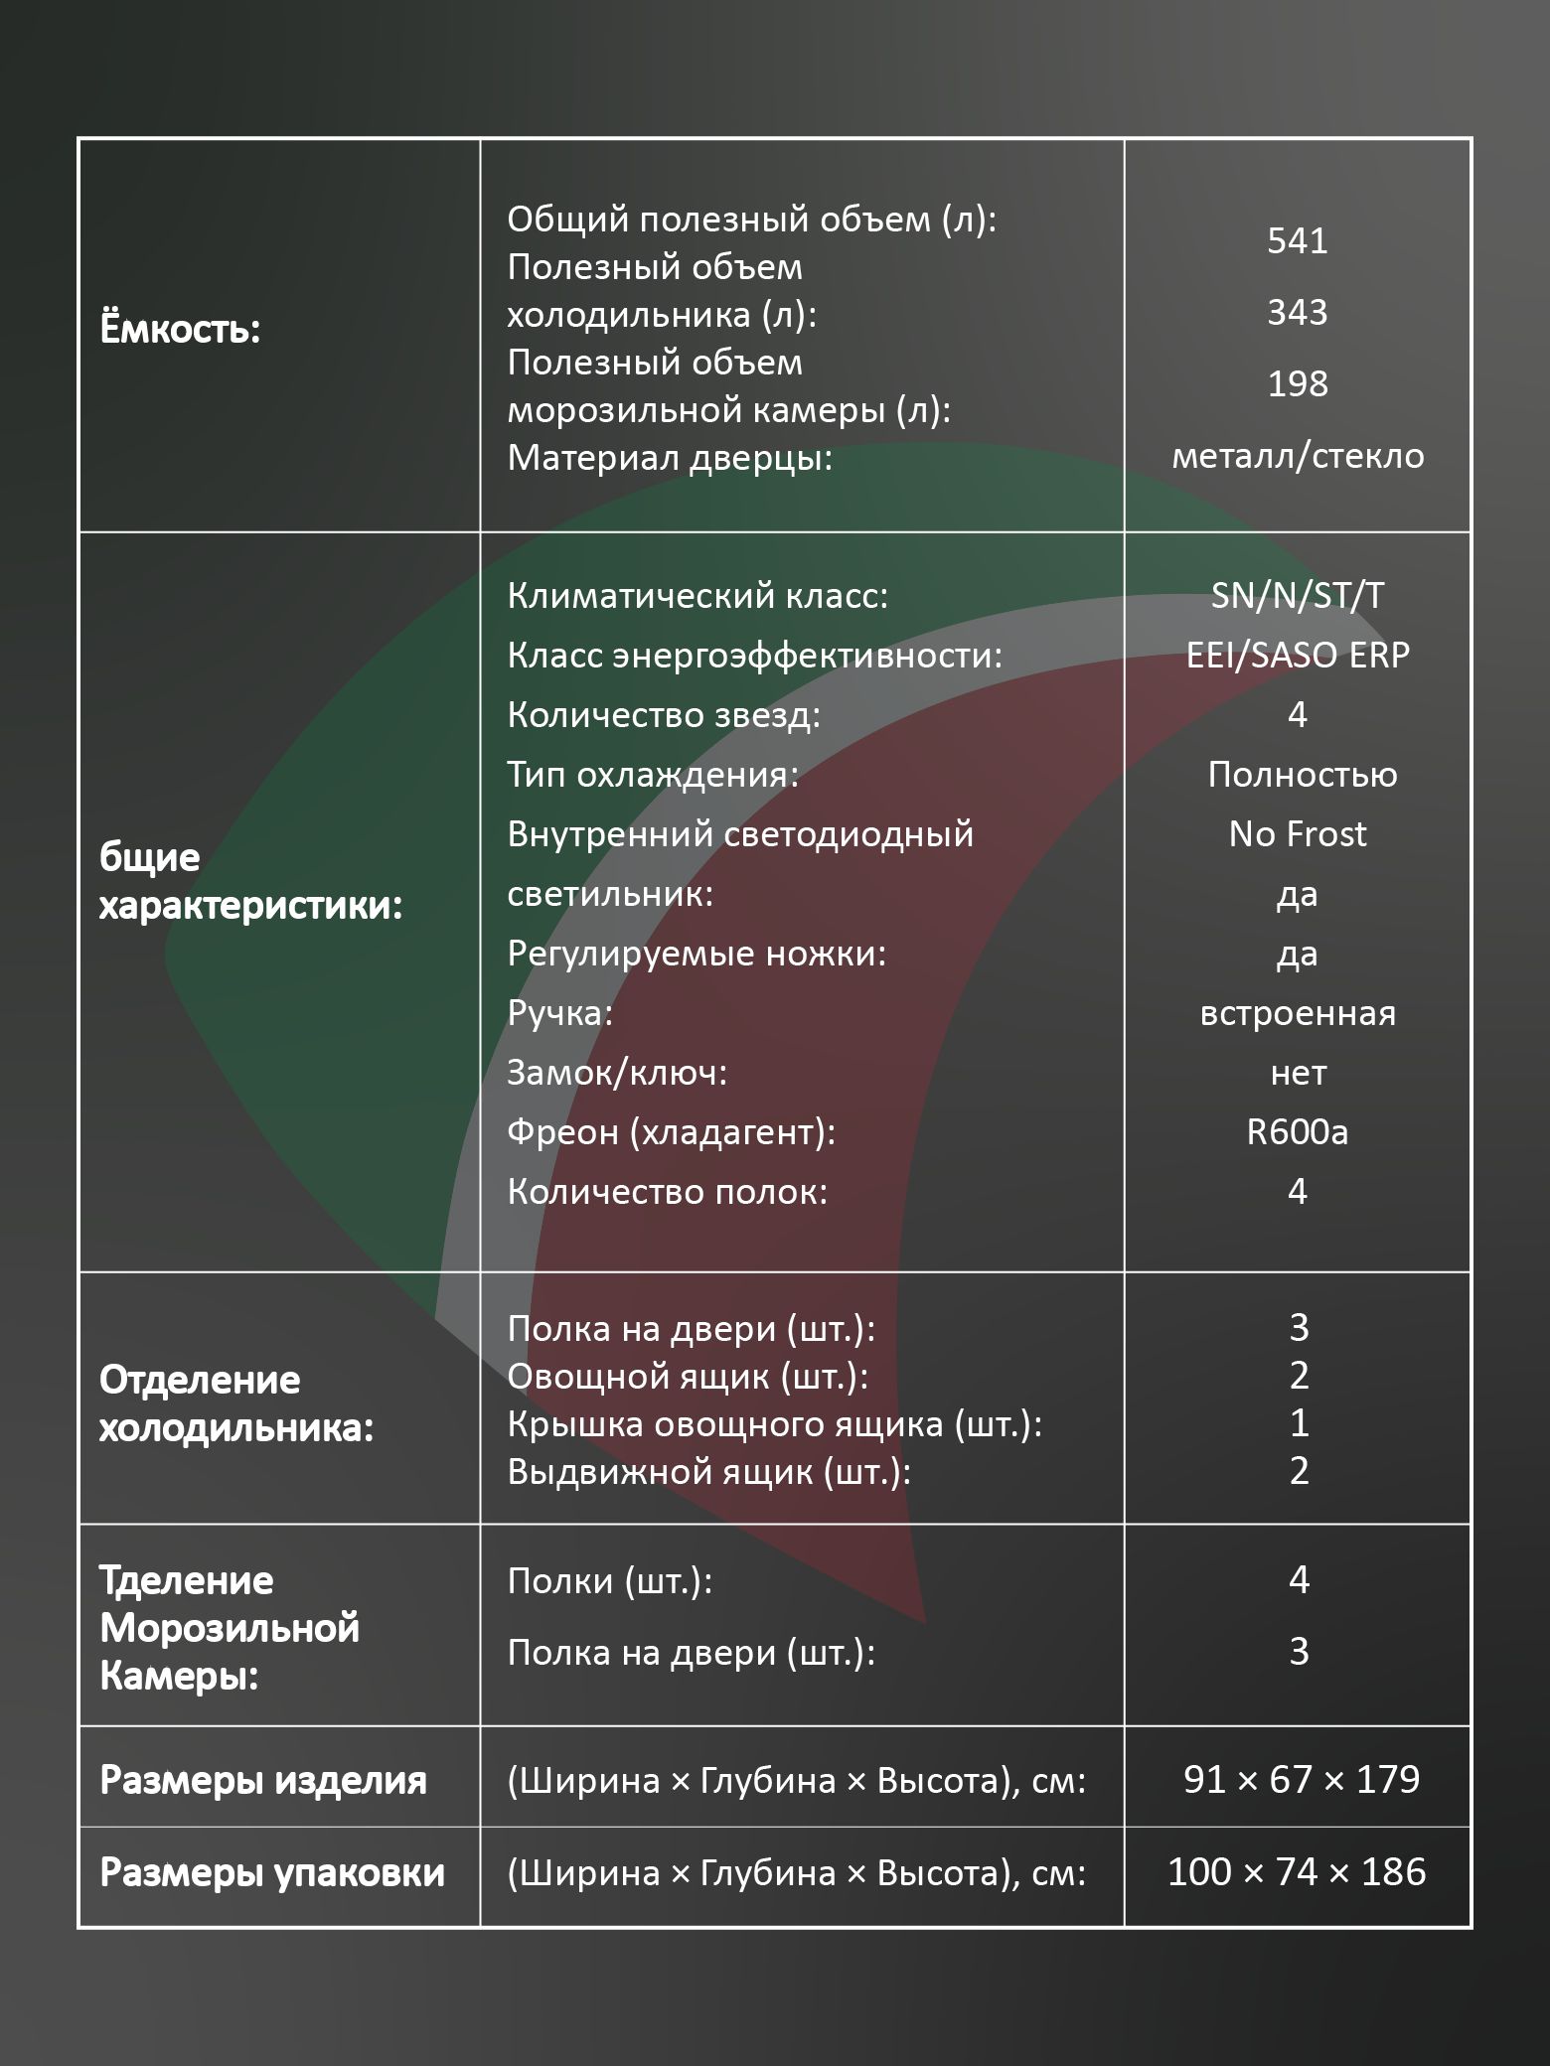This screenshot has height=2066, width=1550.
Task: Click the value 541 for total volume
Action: coord(1297,241)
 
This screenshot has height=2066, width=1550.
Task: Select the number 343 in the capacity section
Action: coord(1297,313)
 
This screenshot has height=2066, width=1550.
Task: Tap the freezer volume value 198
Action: coord(1297,384)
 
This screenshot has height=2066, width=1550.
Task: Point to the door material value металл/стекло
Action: coord(1298,456)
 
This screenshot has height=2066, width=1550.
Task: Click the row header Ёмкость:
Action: coord(180,330)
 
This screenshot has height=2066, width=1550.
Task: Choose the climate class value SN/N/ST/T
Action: coord(1297,595)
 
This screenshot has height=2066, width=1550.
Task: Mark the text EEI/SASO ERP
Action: coord(1298,655)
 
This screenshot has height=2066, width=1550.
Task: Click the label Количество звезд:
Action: coord(664,715)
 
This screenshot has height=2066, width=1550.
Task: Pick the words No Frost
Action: coord(1297,834)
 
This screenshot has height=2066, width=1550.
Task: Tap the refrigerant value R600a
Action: coord(1297,1132)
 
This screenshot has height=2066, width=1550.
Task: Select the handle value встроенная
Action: coord(1298,1013)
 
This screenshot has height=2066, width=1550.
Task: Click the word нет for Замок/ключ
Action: coord(1298,1073)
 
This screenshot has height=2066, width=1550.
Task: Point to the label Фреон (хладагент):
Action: coord(671,1132)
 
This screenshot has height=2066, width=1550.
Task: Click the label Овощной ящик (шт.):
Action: coord(688,1377)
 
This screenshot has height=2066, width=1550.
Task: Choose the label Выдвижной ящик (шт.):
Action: coord(708,1472)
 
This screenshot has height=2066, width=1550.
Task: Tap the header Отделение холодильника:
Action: coord(236,1403)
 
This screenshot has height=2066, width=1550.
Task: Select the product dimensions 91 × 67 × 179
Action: coord(1302,1779)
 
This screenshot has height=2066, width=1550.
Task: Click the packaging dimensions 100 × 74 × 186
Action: coord(1297,1872)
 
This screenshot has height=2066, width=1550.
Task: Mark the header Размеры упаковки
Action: coord(272,1872)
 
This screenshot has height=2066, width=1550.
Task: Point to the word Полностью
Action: coord(1302,775)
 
